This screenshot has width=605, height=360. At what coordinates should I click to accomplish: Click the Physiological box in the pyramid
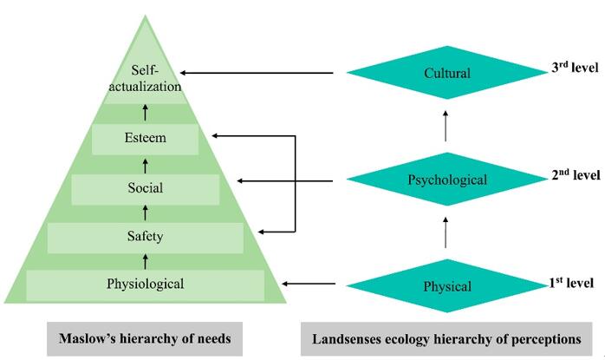click(146, 284)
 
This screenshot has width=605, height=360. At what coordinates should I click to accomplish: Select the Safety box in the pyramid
click(146, 235)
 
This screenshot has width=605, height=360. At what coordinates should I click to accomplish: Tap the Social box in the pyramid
click(146, 187)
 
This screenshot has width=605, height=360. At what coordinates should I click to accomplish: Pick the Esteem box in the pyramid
click(146, 137)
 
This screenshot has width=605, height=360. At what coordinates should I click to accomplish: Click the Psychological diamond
click(446, 180)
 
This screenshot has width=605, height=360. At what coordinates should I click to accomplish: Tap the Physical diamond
click(446, 285)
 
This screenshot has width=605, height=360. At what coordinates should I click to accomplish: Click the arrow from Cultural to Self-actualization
click(259, 73)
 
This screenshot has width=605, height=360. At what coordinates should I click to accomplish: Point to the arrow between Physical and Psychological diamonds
click(446, 233)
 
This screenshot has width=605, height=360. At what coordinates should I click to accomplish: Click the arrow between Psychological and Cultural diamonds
click(446, 128)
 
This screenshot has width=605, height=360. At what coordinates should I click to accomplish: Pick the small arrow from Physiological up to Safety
click(146, 259)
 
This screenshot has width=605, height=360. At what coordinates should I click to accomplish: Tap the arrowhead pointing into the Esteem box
click(216, 135)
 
